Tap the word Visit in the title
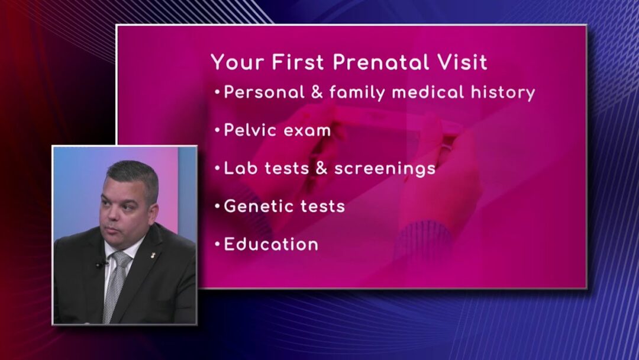point(463,62)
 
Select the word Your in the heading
point(237,62)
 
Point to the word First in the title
point(298,62)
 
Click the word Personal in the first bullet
point(264,92)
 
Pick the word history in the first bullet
point(503,93)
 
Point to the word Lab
point(240,168)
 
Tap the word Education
point(271,244)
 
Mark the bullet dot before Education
point(217,244)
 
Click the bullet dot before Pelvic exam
point(217,130)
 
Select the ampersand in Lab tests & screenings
point(321,168)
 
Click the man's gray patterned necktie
point(115,285)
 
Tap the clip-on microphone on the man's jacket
point(100,264)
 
